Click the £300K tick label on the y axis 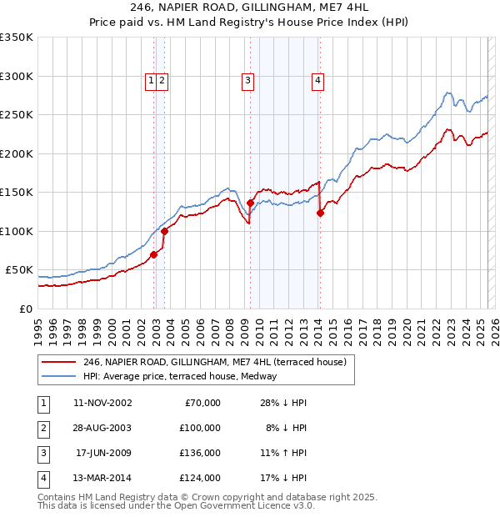coord(17,76)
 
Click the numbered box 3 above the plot coord(248,81)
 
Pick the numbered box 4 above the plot coord(318,81)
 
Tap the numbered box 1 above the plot coord(151,81)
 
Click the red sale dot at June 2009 coord(250,203)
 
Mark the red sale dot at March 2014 coord(320,213)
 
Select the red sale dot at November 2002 coord(153,254)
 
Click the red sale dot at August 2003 coord(165,231)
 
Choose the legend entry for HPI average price coord(185,376)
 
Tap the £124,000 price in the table coord(200,478)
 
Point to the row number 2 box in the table coord(42,429)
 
